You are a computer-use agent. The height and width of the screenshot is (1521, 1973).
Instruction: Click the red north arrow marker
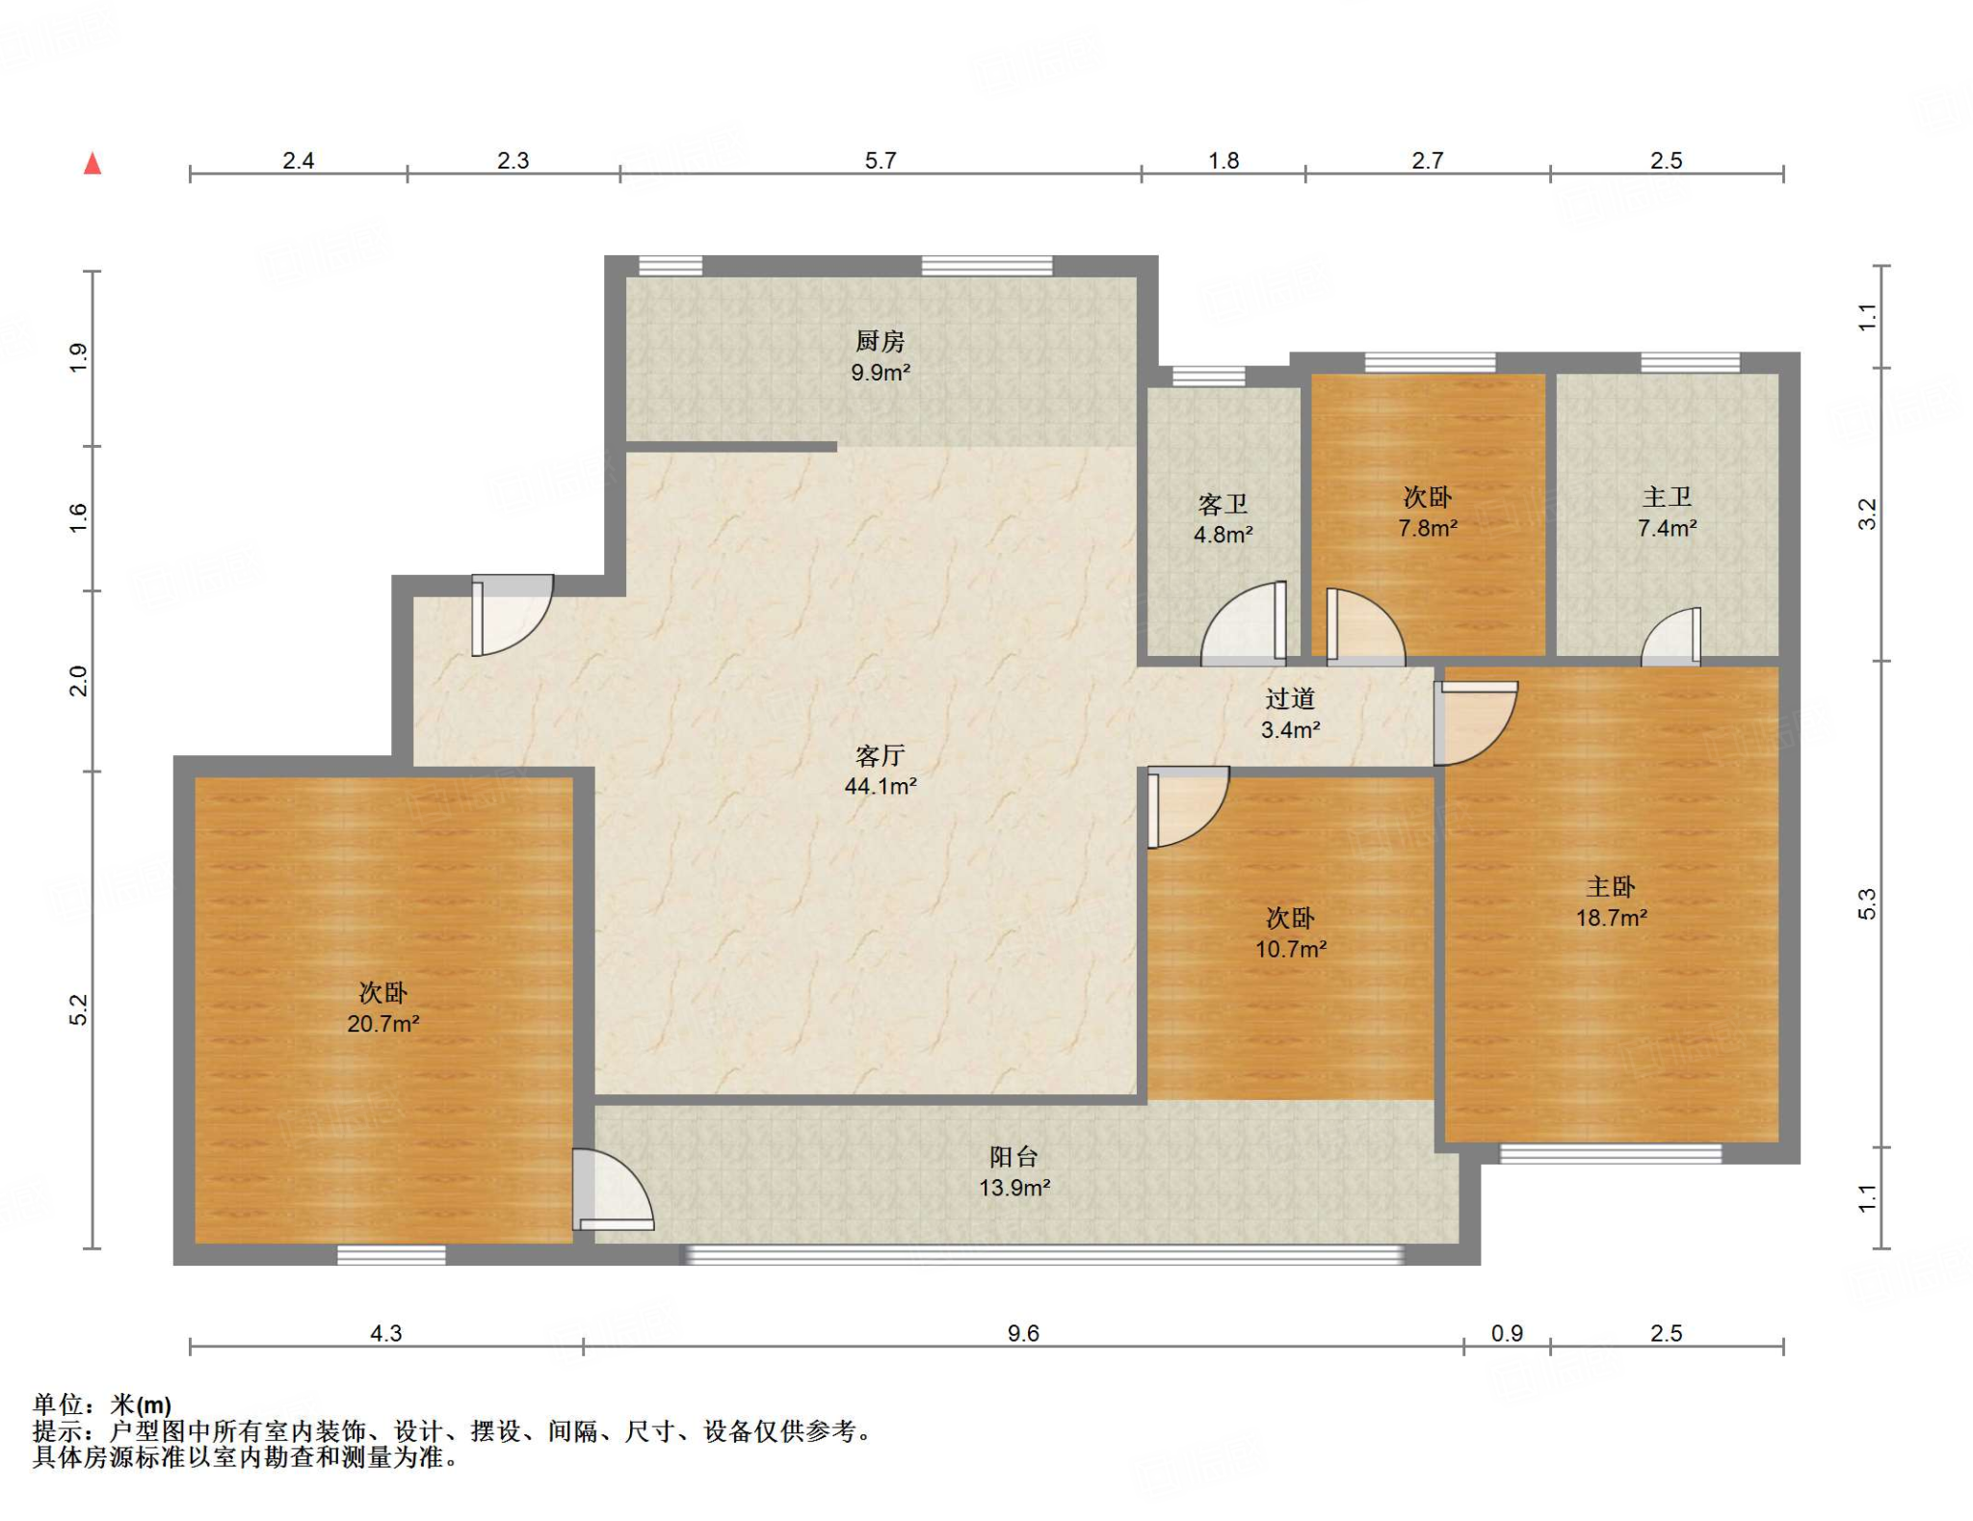click(x=92, y=164)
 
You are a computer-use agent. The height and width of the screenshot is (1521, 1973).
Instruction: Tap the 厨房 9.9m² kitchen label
click(x=881, y=356)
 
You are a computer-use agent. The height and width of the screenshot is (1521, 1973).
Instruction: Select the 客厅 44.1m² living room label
click(x=881, y=771)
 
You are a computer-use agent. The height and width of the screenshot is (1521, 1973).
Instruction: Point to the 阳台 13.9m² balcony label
click(x=1014, y=1172)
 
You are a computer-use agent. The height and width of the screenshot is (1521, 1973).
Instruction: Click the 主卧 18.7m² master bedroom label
click(x=1612, y=902)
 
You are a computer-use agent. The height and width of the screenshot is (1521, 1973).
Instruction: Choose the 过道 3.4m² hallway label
click(x=1291, y=714)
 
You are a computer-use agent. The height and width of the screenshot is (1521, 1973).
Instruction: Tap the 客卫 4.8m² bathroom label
click(x=1223, y=519)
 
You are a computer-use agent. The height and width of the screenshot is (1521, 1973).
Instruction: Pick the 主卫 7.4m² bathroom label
click(x=1668, y=511)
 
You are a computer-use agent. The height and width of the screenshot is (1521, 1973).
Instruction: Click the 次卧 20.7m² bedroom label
click(x=383, y=1008)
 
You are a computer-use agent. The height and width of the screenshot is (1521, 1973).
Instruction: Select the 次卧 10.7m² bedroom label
click(x=1291, y=932)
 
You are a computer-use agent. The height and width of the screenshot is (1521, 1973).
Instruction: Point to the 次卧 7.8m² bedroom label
click(x=1428, y=512)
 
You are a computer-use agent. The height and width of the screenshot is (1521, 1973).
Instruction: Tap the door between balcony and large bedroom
click(x=613, y=1190)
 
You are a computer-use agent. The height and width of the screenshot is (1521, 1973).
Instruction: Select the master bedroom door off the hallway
click(x=1475, y=723)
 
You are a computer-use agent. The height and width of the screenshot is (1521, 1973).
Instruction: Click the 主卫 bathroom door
click(x=1671, y=637)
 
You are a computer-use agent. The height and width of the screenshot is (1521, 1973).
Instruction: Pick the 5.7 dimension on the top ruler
click(x=881, y=160)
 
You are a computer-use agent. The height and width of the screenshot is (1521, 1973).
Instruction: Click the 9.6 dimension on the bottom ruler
click(x=1023, y=1333)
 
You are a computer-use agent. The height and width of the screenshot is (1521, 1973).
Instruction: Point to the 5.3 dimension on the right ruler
click(x=1867, y=904)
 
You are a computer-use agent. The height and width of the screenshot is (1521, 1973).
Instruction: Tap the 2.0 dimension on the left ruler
click(x=78, y=681)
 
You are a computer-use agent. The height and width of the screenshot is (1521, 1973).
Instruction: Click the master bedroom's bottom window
click(x=1611, y=1154)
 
